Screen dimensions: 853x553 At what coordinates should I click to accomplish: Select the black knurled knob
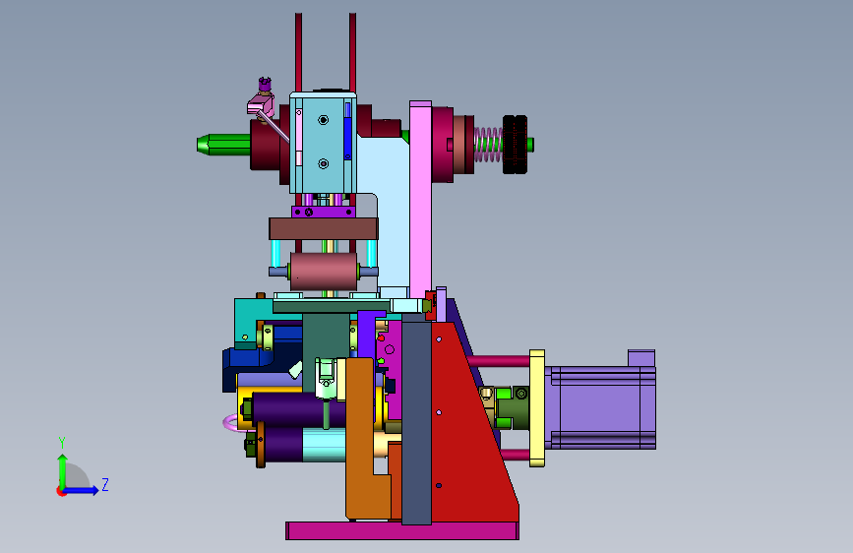tap(515, 145)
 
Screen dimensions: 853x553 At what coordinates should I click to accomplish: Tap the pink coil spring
tap(488, 145)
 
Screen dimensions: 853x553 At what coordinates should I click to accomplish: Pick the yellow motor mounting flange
tap(537, 408)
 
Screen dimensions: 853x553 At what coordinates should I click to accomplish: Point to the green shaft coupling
tap(512, 407)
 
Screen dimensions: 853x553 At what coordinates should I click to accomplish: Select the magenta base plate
tap(402, 530)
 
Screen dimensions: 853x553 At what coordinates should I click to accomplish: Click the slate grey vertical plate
tap(417, 422)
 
